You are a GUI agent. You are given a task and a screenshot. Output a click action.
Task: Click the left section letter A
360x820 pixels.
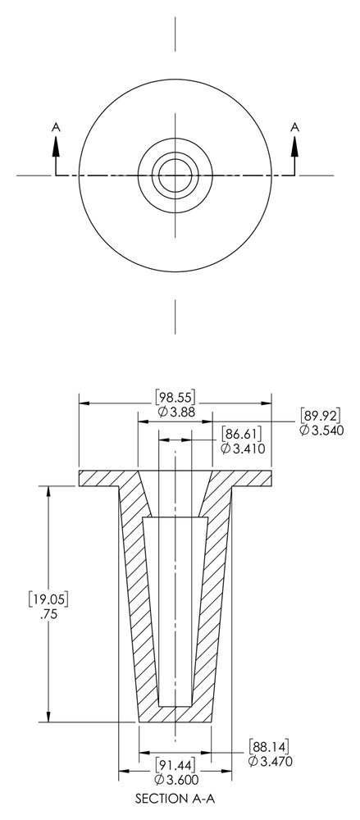click(56, 126)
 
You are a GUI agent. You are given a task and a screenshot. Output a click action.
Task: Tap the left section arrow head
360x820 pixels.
click(56, 143)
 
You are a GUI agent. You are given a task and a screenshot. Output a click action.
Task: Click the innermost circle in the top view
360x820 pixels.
click(175, 174)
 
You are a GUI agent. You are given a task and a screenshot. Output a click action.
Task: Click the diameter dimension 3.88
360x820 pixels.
click(175, 412)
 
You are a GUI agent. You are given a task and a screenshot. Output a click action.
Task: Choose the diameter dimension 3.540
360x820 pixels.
click(320, 430)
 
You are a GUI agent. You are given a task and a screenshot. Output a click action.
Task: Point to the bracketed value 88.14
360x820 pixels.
click(270, 746)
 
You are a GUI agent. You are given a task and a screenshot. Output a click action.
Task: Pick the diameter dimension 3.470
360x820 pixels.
click(270, 762)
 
